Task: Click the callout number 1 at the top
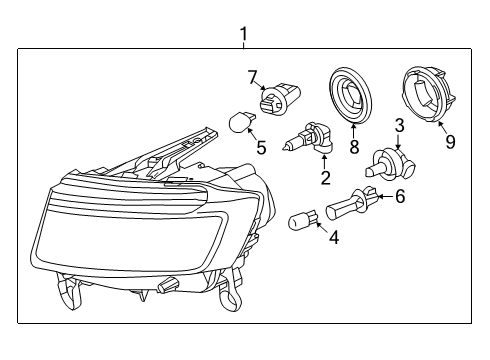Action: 243,37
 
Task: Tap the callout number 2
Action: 324,179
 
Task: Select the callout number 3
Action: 398,126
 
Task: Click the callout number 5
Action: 261,148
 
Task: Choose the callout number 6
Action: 400,196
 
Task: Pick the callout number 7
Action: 253,77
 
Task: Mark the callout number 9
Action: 449,142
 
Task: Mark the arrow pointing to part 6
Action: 387,198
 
